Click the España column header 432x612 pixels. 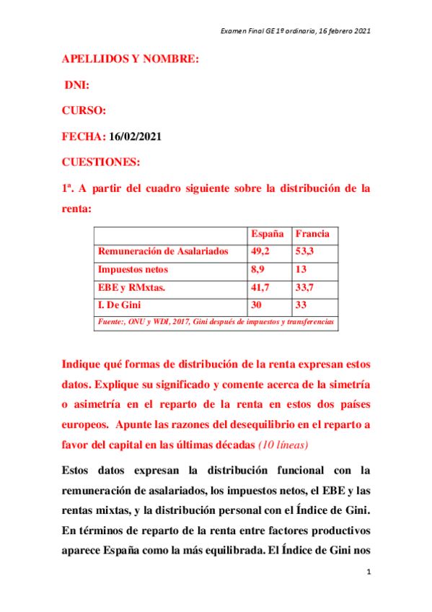click(267, 234)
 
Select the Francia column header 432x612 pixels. click(312, 234)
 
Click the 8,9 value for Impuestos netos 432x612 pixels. click(257, 269)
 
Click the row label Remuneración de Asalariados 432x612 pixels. click(163, 251)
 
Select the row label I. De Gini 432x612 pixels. click(119, 305)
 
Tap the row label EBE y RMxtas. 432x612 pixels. click(131, 287)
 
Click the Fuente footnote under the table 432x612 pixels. click(216, 322)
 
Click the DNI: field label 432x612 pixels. click(77, 85)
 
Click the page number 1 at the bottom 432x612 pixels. click(369, 572)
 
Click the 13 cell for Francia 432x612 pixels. click(301, 269)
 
